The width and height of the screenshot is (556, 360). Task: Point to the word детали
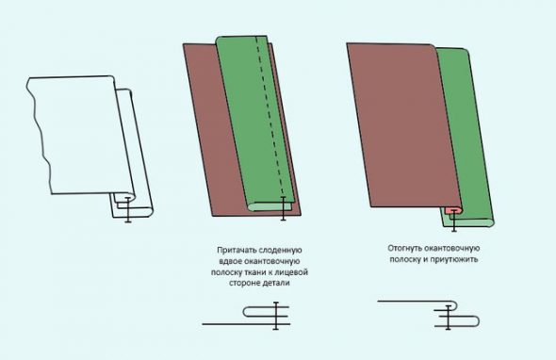click(276, 284)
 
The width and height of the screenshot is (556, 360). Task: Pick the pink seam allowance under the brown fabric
click(453, 211)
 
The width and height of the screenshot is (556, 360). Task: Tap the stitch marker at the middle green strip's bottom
click(283, 208)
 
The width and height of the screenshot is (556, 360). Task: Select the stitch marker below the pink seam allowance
click(454, 221)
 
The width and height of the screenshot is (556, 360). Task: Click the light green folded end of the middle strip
click(270, 207)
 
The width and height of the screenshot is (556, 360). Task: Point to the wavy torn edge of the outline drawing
click(39, 135)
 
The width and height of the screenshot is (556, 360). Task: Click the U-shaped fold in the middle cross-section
click(245, 312)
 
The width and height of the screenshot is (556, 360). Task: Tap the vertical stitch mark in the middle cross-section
click(276, 316)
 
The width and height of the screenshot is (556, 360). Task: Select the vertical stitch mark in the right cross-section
click(449, 318)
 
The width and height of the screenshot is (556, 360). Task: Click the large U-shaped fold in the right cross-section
click(479, 321)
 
